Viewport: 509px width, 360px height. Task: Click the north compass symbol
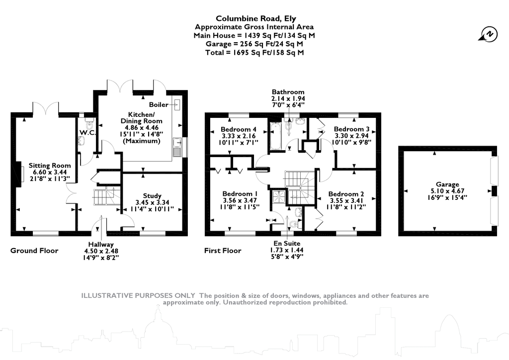click(x=488, y=34)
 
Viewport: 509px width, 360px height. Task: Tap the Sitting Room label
click(x=50, y=166)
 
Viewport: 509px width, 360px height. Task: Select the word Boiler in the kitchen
click(x=159, y=104)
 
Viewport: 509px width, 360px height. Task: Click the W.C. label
click(x=87, y=132)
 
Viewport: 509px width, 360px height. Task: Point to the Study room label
click(x=152, y=196)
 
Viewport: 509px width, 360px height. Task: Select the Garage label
click(x=447, y=184)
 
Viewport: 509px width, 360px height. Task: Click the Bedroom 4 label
click(x=238, y=129)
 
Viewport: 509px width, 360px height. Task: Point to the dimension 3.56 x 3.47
click(x=240, y=200)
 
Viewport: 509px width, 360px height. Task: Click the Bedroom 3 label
click(x=351, y=129)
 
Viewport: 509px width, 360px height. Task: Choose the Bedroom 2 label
click(x=346, y=194)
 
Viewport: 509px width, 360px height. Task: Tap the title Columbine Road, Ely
click(x=256, y=18)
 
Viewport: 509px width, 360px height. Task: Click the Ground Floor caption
click(x=34, y=251)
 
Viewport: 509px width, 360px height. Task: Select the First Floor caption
click(x=223, y=251)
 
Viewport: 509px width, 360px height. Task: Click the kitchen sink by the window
click(x=177, y=147)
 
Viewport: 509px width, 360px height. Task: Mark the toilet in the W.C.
click(x=89, y=124)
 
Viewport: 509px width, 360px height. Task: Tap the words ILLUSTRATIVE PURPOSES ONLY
click(x=138, y=295)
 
